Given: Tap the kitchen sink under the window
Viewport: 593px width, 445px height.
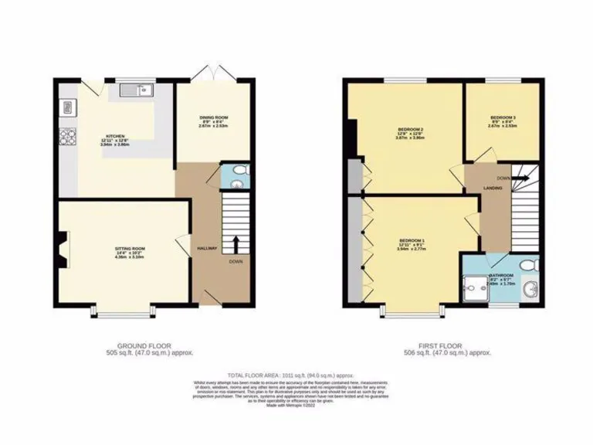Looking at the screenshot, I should [x=139, y=92].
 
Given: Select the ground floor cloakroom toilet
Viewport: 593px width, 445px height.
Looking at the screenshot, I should [x=239, y=170].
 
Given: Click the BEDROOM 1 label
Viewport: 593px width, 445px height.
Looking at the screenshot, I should [x=411, y=239].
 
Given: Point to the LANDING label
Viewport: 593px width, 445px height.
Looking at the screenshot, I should [x=494, y=188].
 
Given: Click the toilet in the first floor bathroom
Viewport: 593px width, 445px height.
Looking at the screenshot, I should [x=528, y=265].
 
